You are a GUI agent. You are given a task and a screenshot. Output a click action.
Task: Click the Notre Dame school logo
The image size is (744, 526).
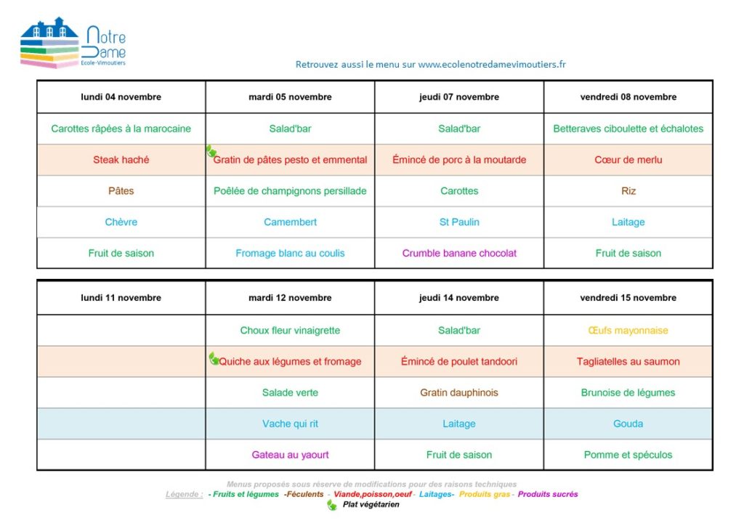pos(73,44)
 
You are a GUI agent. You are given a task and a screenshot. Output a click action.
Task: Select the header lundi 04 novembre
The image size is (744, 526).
pos(121,97)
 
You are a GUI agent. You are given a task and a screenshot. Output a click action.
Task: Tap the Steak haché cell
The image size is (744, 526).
pos(121,160)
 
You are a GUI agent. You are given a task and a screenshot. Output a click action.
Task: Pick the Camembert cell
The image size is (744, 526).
pos(291,222)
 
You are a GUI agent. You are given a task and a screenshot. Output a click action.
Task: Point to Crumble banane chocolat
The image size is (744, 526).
pos(459,253)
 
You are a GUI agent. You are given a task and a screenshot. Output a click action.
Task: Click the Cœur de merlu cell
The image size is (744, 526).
pos(628,160)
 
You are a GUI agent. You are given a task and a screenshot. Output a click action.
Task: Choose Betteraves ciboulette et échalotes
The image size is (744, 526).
pos(628,129)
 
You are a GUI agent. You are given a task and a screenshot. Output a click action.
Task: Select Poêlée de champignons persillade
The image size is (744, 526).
pos(291,191)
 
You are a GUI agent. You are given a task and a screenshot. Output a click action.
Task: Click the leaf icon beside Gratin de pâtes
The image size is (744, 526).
pos(211,151)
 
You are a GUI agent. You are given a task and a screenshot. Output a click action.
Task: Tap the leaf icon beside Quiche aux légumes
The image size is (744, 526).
pos(214,358)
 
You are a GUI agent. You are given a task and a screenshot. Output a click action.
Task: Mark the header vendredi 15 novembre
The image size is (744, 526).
pos(628,298)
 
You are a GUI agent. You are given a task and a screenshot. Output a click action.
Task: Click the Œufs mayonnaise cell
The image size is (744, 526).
pos(628,331)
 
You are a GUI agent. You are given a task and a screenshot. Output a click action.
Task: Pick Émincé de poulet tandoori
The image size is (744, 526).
pos(459,361)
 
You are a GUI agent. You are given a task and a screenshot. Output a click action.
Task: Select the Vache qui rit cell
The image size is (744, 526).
pos(291,424)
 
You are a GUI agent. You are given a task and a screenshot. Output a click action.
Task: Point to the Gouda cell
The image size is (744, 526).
pos(628,424)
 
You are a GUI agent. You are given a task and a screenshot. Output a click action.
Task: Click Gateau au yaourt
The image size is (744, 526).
pos(291,455)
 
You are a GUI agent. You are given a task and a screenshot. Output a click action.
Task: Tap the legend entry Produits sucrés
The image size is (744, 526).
pos(548,494)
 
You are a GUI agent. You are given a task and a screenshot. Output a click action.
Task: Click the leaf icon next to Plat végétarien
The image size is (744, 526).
pos(333,505)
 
